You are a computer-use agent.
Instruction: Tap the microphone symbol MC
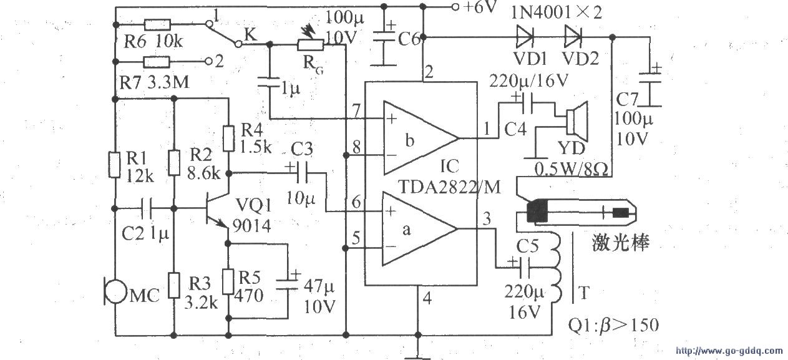115,291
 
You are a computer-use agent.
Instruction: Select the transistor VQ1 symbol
217,208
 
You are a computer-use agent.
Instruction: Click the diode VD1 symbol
525,37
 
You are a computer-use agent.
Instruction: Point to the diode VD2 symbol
573,37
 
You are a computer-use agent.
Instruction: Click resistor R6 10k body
158,24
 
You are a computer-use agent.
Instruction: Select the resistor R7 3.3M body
157,62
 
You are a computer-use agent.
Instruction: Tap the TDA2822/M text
449,187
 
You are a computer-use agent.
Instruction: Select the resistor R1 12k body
114,164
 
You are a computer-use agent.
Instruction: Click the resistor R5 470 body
228,281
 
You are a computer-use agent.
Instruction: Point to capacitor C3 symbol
301,172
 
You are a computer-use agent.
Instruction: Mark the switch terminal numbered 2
209,62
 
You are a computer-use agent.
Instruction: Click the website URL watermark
729,351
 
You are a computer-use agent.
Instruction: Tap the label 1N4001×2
556,13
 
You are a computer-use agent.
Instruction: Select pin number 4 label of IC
427,299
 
